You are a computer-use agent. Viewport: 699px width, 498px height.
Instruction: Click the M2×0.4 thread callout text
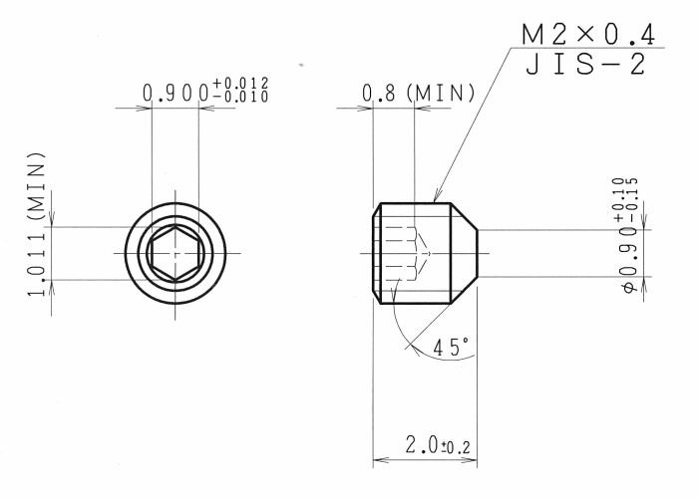click(588, 35)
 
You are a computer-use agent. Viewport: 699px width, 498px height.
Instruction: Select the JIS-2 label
click(585, 64)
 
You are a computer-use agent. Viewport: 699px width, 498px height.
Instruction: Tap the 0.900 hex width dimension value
click(175, 93)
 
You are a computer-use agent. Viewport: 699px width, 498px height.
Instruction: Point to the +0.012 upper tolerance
click(240, 84)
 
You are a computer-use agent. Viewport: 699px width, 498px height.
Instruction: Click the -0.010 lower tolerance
click(240, 97)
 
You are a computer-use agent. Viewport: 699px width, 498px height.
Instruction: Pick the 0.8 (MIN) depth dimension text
click(418, 93)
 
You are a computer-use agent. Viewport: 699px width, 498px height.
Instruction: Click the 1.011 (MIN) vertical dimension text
click(37, 224)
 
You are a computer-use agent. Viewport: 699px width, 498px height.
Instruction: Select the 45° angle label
click(451, 348)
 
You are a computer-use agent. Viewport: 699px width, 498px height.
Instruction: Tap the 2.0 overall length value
click(422, 444)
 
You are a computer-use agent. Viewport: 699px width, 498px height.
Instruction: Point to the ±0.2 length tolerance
click(456, 447)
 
